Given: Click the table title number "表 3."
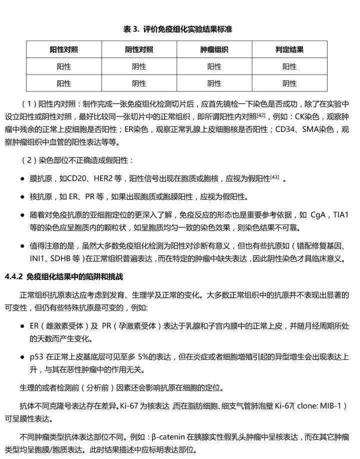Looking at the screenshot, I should [x=131, y=29].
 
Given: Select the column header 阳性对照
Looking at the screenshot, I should [x=63, y=49].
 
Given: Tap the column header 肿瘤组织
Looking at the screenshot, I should [x=214, y=49].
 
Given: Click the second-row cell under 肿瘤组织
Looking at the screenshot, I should [x=214, y=83].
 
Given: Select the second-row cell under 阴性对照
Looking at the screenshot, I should [x=139, y=83].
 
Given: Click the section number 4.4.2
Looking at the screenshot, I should [x=14, y=276].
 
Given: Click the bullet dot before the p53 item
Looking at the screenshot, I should [x=23, y=357].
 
